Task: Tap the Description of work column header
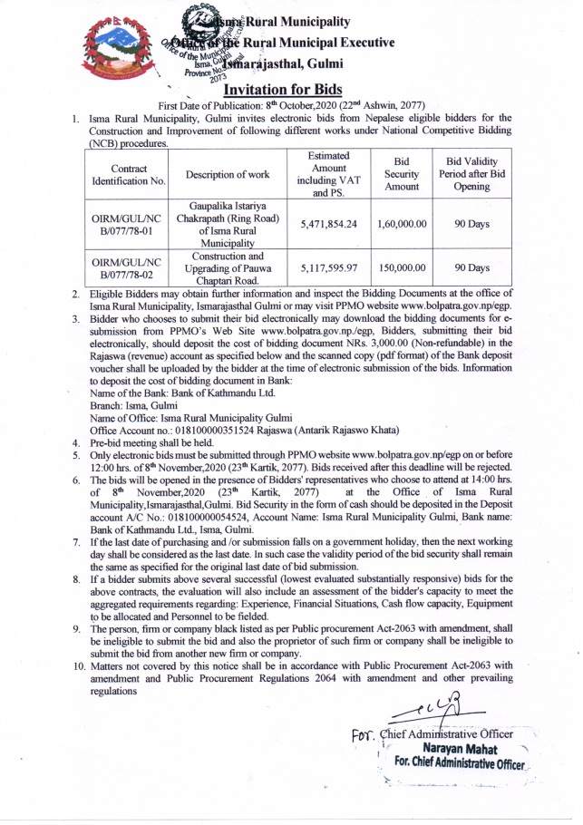pyautogui.click(x=228, y=175)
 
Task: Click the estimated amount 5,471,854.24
pyautogui.click(x=328, y=225)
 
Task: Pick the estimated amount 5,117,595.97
pyautogui.click(x=328, y=268)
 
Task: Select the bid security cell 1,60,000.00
pyautogui.click(x=401, y=225)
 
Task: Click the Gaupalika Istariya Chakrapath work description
pyautogui.click(x=228, y=225)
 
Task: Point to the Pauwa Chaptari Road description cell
pyautogui.click(x=228, y=268)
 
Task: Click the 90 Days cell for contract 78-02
pyautogui.click(x=471, y=268)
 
